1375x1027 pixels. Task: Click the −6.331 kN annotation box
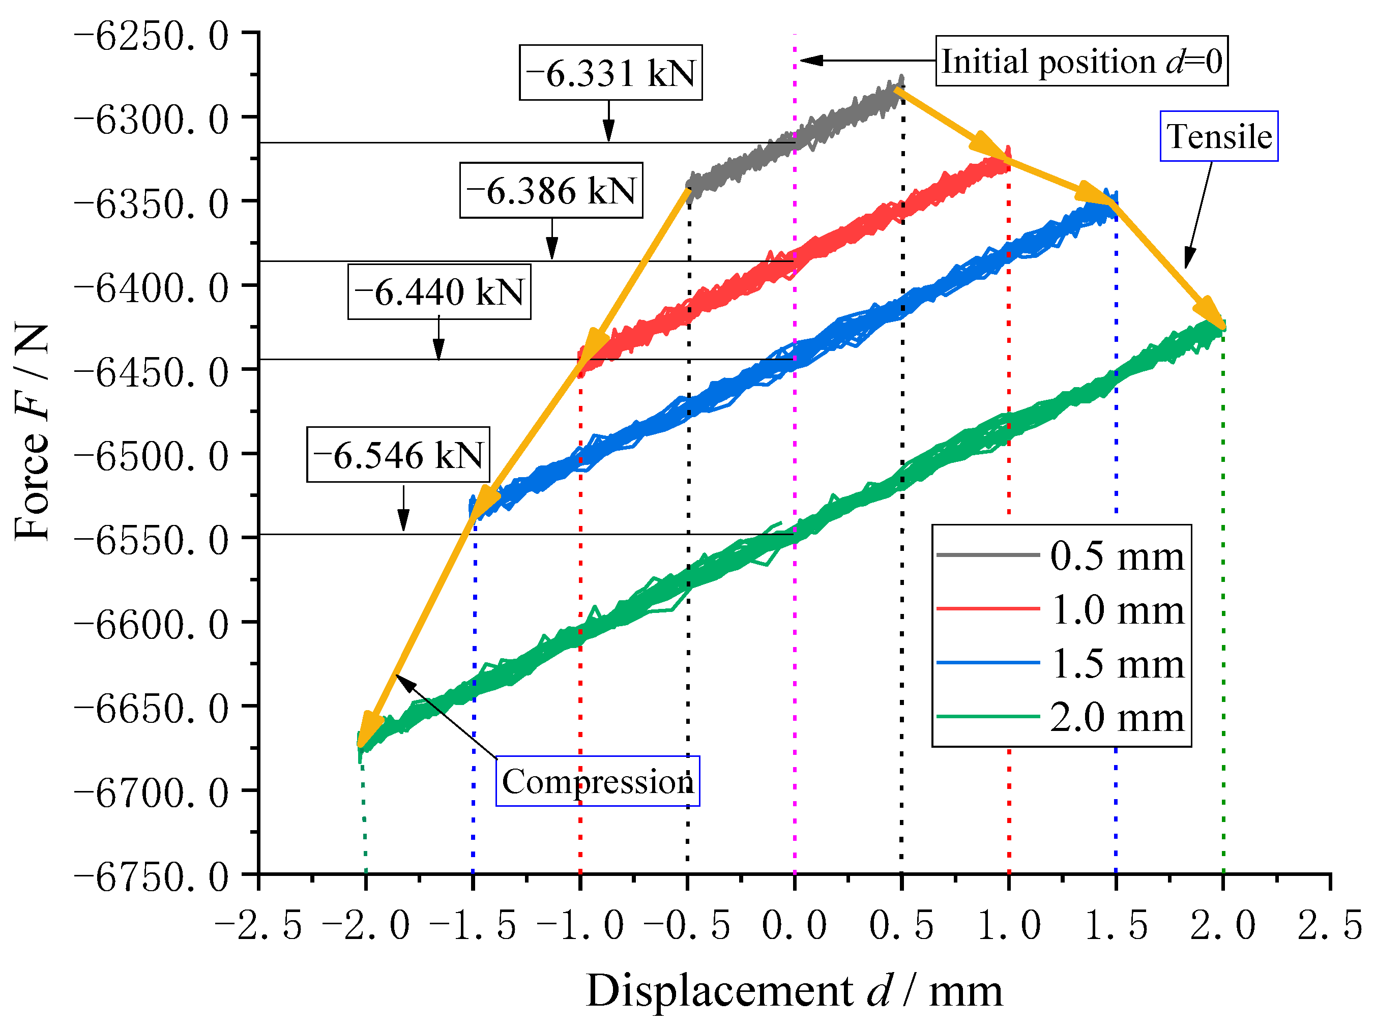[610, 73]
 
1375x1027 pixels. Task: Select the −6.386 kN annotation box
[551, 190]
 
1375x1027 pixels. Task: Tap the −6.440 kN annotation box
[439, 291]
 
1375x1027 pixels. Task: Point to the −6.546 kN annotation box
[398, 454]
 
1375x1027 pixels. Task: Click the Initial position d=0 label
[1081, 61]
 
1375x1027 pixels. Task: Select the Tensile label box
[1218, 136]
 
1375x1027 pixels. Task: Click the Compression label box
[597, 781]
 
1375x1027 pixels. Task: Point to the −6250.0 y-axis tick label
[152, 36]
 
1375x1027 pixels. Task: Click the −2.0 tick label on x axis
[366, 925]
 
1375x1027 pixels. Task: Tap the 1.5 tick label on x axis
[1116, 925]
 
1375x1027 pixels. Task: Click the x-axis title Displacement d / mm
[795, 991]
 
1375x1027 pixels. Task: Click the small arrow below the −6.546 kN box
[403, 509]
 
